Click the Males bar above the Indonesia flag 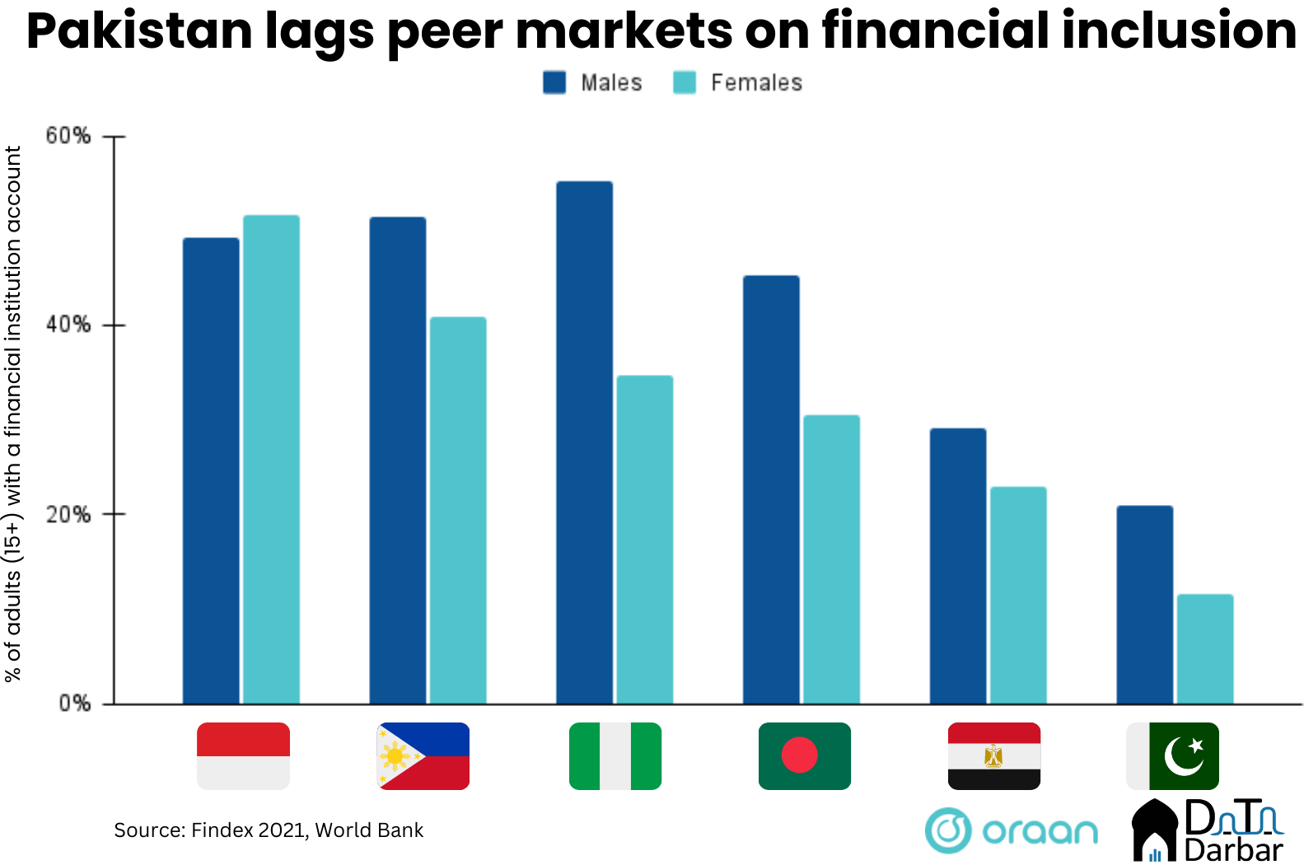(211, 470)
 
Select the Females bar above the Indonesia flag (271, 459)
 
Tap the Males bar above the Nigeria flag (584, 442)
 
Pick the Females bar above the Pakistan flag (1204, 648)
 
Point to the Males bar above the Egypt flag (957, 566)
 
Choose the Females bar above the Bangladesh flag (831, 559)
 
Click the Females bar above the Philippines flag (458, 510)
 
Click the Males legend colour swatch (554, 82)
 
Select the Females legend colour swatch (685, 82)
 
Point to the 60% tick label (68, 136)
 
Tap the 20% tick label (68, 515)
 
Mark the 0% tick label (74, 704)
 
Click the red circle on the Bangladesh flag (799, 755)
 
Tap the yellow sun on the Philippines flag (395, 755)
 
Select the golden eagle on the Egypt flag (993, 755)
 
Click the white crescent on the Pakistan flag (1182, 757)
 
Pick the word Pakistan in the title (139, 30)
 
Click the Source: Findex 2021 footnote (269, 830)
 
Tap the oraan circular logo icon (948, 830)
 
